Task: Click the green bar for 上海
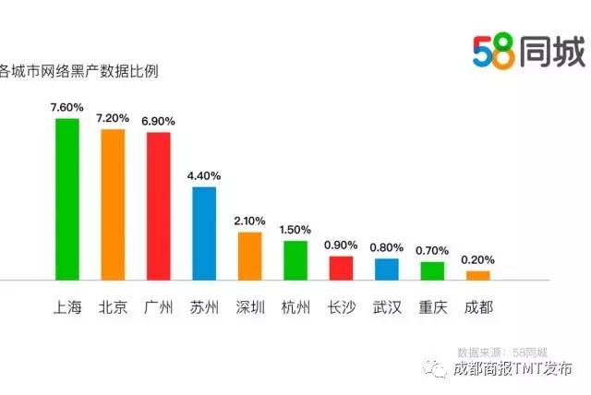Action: point(67,198)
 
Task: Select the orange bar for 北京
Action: point(113,204)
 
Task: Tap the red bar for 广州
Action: point(159,206)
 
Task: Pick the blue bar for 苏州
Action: point(204,233)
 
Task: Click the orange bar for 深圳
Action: point(249,256)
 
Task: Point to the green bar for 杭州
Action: point(295,260)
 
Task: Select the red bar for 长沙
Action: point(341,268)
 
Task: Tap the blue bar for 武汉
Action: point(387,269)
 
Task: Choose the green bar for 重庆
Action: point(432,269)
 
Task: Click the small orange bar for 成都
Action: point(478,275)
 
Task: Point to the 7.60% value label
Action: point(67,106)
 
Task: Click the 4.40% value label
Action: point(204,174)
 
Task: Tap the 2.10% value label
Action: point(249,221)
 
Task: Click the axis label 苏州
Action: point(204,306)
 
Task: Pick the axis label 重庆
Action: point(432,306)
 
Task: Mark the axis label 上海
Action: point(67,306)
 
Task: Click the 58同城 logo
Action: point(528,51)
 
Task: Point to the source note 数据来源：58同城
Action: point(501,352)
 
